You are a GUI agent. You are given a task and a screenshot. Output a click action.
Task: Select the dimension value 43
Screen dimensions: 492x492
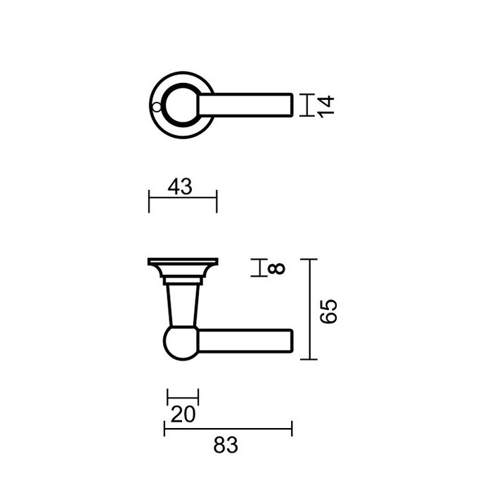[181, 186]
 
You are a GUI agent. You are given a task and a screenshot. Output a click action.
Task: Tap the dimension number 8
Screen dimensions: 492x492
[276, 268]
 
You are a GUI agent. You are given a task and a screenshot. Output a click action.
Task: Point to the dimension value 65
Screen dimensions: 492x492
[329, 310]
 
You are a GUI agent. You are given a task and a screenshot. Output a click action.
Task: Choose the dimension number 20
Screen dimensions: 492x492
[182, 415]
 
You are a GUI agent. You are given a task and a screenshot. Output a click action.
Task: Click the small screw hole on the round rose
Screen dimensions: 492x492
[156, 108]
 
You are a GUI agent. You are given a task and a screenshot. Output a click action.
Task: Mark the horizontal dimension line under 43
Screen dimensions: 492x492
[183, 200]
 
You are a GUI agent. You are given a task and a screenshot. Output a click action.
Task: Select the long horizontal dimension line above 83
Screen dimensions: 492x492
[228, 426]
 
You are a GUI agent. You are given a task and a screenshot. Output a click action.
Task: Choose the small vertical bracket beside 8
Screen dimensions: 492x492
[261, 268]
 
